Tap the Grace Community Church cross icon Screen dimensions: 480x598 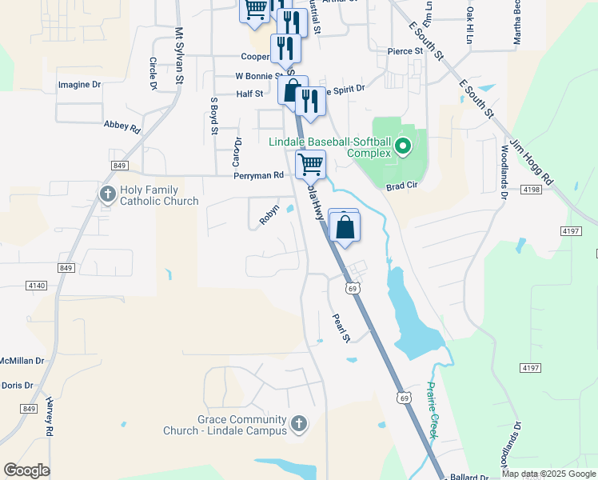tap(298, 423)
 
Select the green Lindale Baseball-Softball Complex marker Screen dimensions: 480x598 tap(403, 147)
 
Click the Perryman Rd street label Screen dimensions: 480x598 tap(258, 176)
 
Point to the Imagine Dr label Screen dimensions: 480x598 tap(79, 84)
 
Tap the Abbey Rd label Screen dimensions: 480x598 tap(122, 126)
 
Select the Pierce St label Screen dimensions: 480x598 tap(405, 51)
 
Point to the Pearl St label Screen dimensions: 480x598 tap(341, 327)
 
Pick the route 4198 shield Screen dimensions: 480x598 tap(530, 190)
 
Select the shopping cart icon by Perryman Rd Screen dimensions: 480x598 tap(310, 164)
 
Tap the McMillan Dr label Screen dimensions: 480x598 tap(22, 361)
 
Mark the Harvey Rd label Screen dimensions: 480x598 tap(49, 417)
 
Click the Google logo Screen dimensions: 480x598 tap(26, 470)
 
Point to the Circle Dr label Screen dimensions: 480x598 tap(152, 73)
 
